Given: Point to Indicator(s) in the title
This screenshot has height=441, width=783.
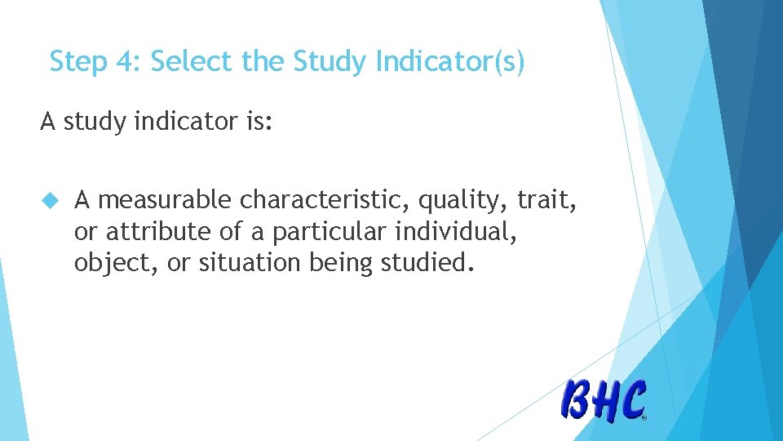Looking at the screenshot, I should click(x=450, y=62).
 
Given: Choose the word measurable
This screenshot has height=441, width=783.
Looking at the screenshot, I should click(x=165, y=200).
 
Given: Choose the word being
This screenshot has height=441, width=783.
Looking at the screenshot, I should click(x=340, y=264).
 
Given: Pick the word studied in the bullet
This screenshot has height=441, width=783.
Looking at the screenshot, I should click(x=425, y=263).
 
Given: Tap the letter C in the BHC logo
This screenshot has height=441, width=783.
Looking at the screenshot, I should click(x=632, y=401).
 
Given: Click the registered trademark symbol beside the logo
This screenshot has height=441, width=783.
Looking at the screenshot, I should click(x=644, y=417).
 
